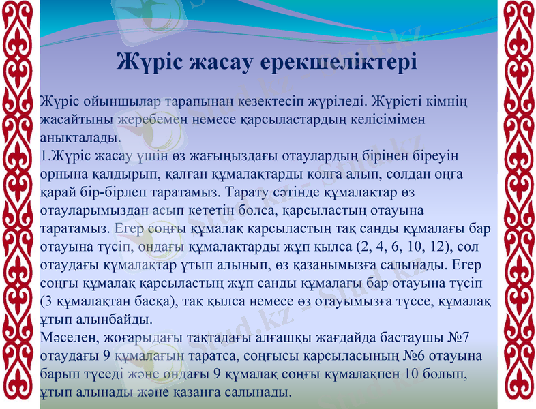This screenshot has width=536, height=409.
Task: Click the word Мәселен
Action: click(68, 337)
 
